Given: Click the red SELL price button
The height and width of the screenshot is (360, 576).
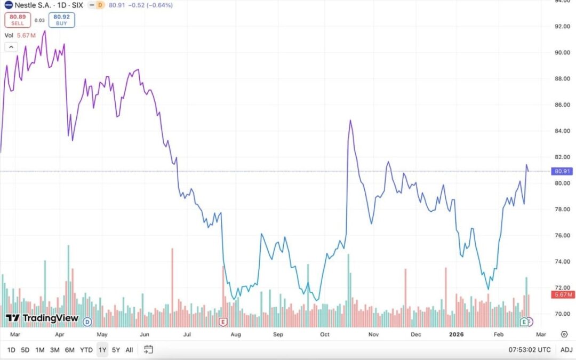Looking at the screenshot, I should (18, 20).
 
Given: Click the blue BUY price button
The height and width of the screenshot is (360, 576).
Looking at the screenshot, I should (61, 20).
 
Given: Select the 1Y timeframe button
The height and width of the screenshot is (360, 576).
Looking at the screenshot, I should (102, 350).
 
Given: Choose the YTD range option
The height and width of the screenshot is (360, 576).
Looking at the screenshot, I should (86, 350).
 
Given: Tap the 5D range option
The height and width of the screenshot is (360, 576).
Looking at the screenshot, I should (25, 350).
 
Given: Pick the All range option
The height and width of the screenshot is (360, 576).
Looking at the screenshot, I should (129, 350).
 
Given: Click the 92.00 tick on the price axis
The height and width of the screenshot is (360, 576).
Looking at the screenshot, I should (563, 26).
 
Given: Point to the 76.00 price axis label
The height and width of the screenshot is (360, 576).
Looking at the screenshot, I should (563, 235).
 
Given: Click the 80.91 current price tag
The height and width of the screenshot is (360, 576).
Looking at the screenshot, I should (564, 171).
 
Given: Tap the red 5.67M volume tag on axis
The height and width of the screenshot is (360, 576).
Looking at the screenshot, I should (564, 294).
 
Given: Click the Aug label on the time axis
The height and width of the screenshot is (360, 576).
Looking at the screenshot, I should (236, 334).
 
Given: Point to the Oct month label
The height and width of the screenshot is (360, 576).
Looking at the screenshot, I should (324, 334).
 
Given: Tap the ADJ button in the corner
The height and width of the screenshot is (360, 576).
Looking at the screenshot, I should (566, 350).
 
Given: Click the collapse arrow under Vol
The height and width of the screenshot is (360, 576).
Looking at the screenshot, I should (10, 46).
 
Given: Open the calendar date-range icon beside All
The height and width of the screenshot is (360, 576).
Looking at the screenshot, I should (148, 350).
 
